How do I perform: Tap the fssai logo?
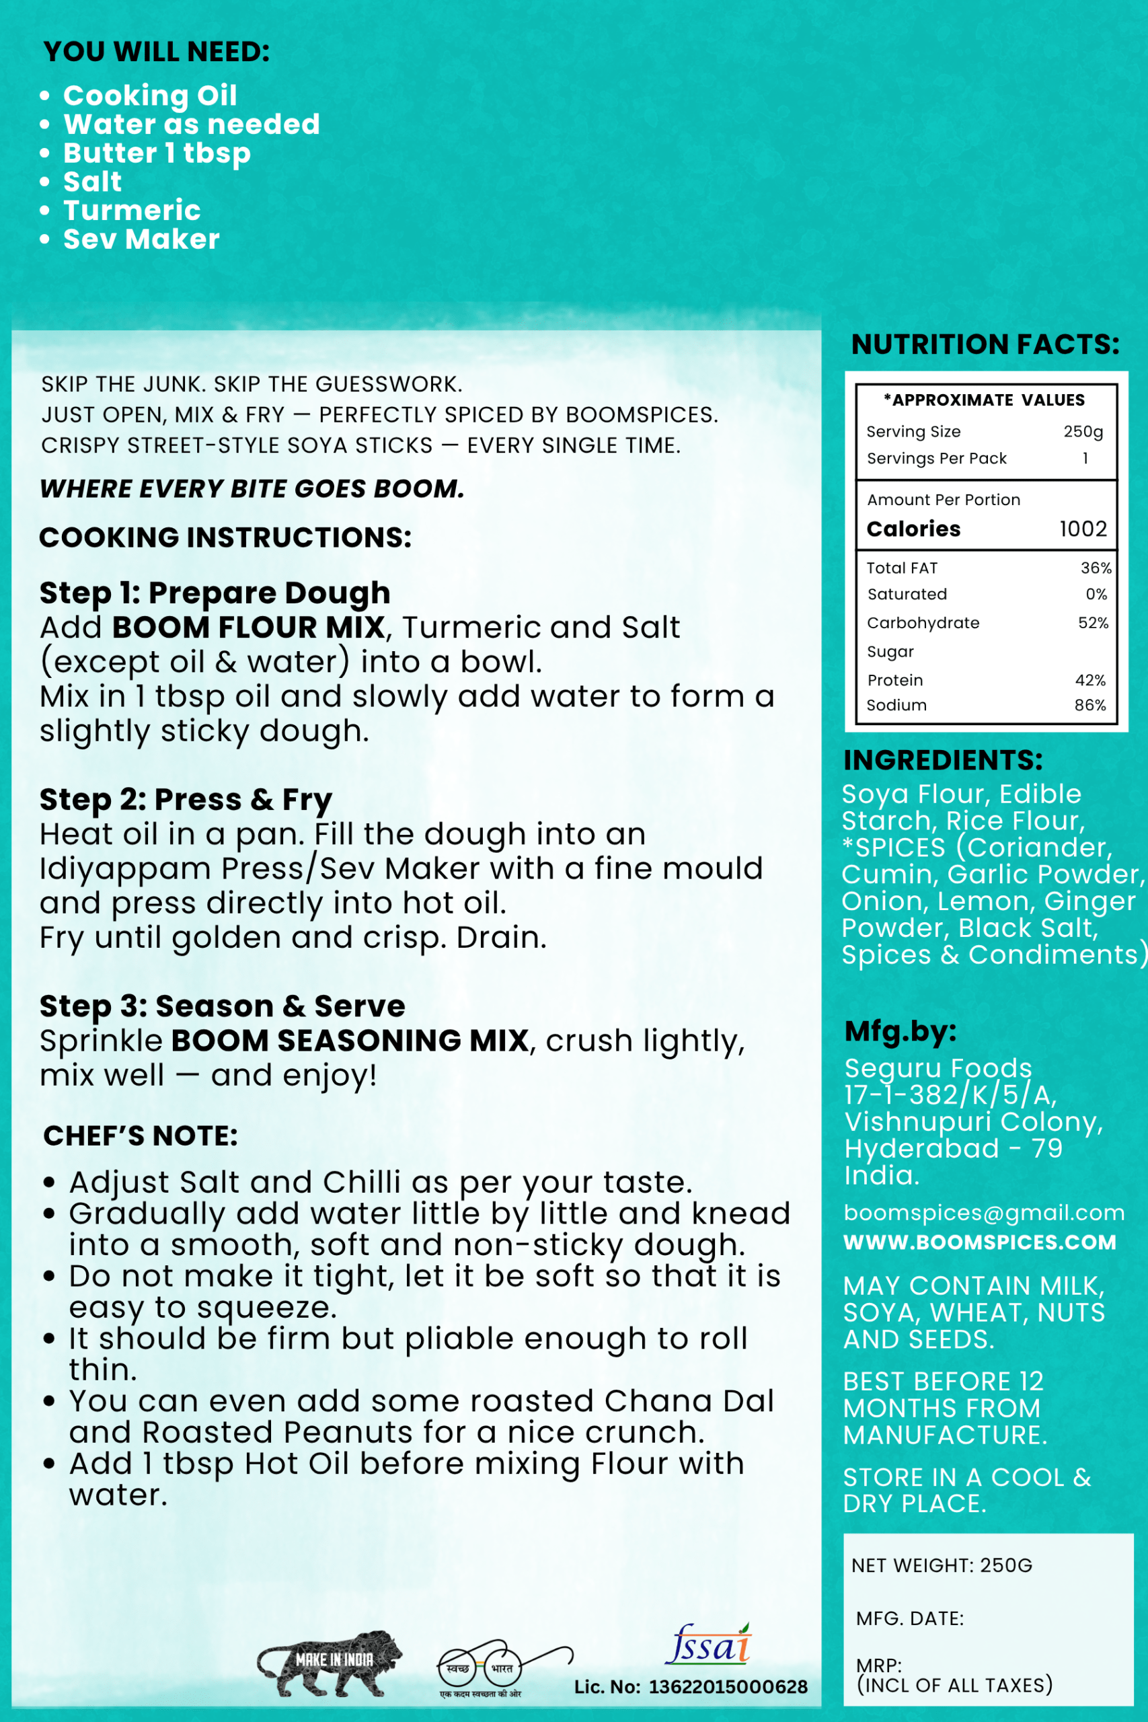[708, 1645]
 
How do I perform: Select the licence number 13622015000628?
[728, 1687]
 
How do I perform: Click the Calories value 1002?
[1083, 529]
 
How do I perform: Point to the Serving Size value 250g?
[1083, 431]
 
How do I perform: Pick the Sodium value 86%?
[1089, 705]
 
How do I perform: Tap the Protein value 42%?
[1089, 680]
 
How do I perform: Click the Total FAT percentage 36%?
[1096, 568]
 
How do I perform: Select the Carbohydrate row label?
[923, 623]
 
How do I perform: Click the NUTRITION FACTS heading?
[985, 344]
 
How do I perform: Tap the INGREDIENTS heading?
[942, 760]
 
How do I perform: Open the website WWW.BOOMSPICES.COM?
[979, 1242]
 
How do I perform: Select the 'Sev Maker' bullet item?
[141, 239]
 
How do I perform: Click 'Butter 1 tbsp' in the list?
[157, 153]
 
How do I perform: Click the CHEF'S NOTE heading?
[141, 1135]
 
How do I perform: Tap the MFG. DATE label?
[909, 1618]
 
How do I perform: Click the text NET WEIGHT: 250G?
[941, 1565]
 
